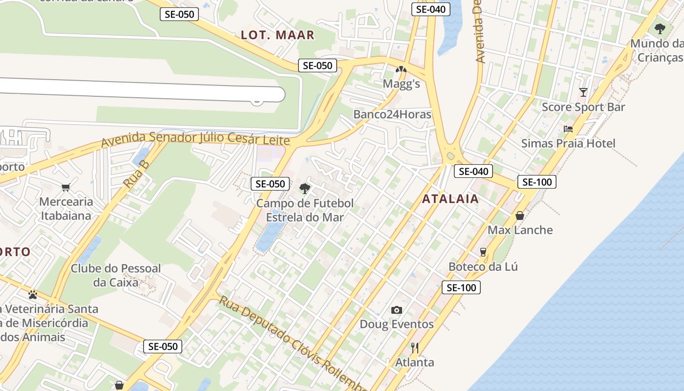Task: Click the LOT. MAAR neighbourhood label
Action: pyautogui.click(x=278, y=35)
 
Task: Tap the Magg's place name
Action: pyautogui.click(x=401, y=84)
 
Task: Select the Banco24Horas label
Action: pyautogui.click(x=392, y=114)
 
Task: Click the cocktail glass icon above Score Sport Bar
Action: pyautogui.click(x=583, y=92)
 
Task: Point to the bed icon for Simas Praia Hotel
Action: pyautogui.click(x=568, y=129)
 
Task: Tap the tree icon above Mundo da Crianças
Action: pyautogui.click(x=660, y=29)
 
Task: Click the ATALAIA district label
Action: pyautogui.click(x=450, y=199)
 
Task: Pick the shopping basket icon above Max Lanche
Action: pyautogui.click(x=520, y=216)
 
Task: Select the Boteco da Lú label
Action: pyautogui.click(x=483, y=267)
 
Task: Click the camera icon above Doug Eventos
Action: pyautogui.click(x=396, y=310)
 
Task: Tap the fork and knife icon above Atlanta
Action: pyautogui.click(x=414, y=348)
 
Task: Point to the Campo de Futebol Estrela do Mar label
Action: pyautogui.click(x=304, y=210)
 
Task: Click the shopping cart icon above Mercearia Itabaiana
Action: pyautogui.click(x=66, y=187)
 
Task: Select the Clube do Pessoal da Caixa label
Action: pyautogui.click(x=116, y=275)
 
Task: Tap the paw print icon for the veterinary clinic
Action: pyautogui.click(x=33, y=295)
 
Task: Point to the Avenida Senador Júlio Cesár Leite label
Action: pyautogui.click(x=195, y=139)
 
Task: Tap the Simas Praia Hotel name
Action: pyautogui.click(x=568, y=143)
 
